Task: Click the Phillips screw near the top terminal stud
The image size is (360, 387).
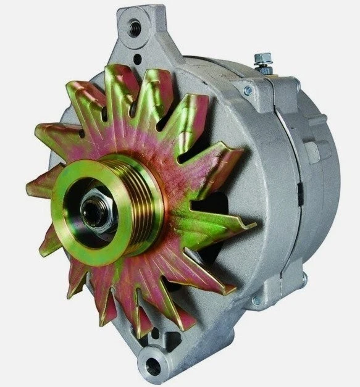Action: coord(247,91)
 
